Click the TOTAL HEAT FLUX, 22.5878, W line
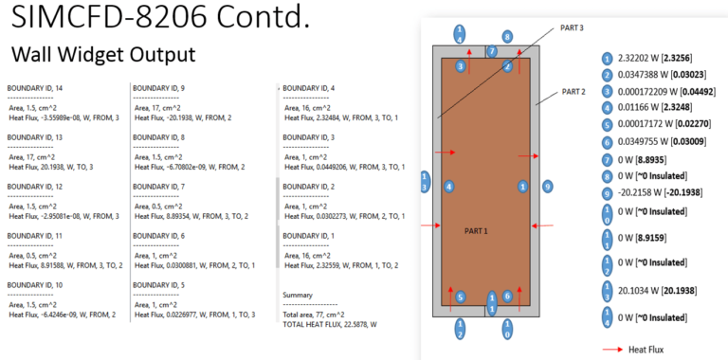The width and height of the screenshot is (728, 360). point(335,323)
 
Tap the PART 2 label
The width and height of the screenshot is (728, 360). point(574,91)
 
